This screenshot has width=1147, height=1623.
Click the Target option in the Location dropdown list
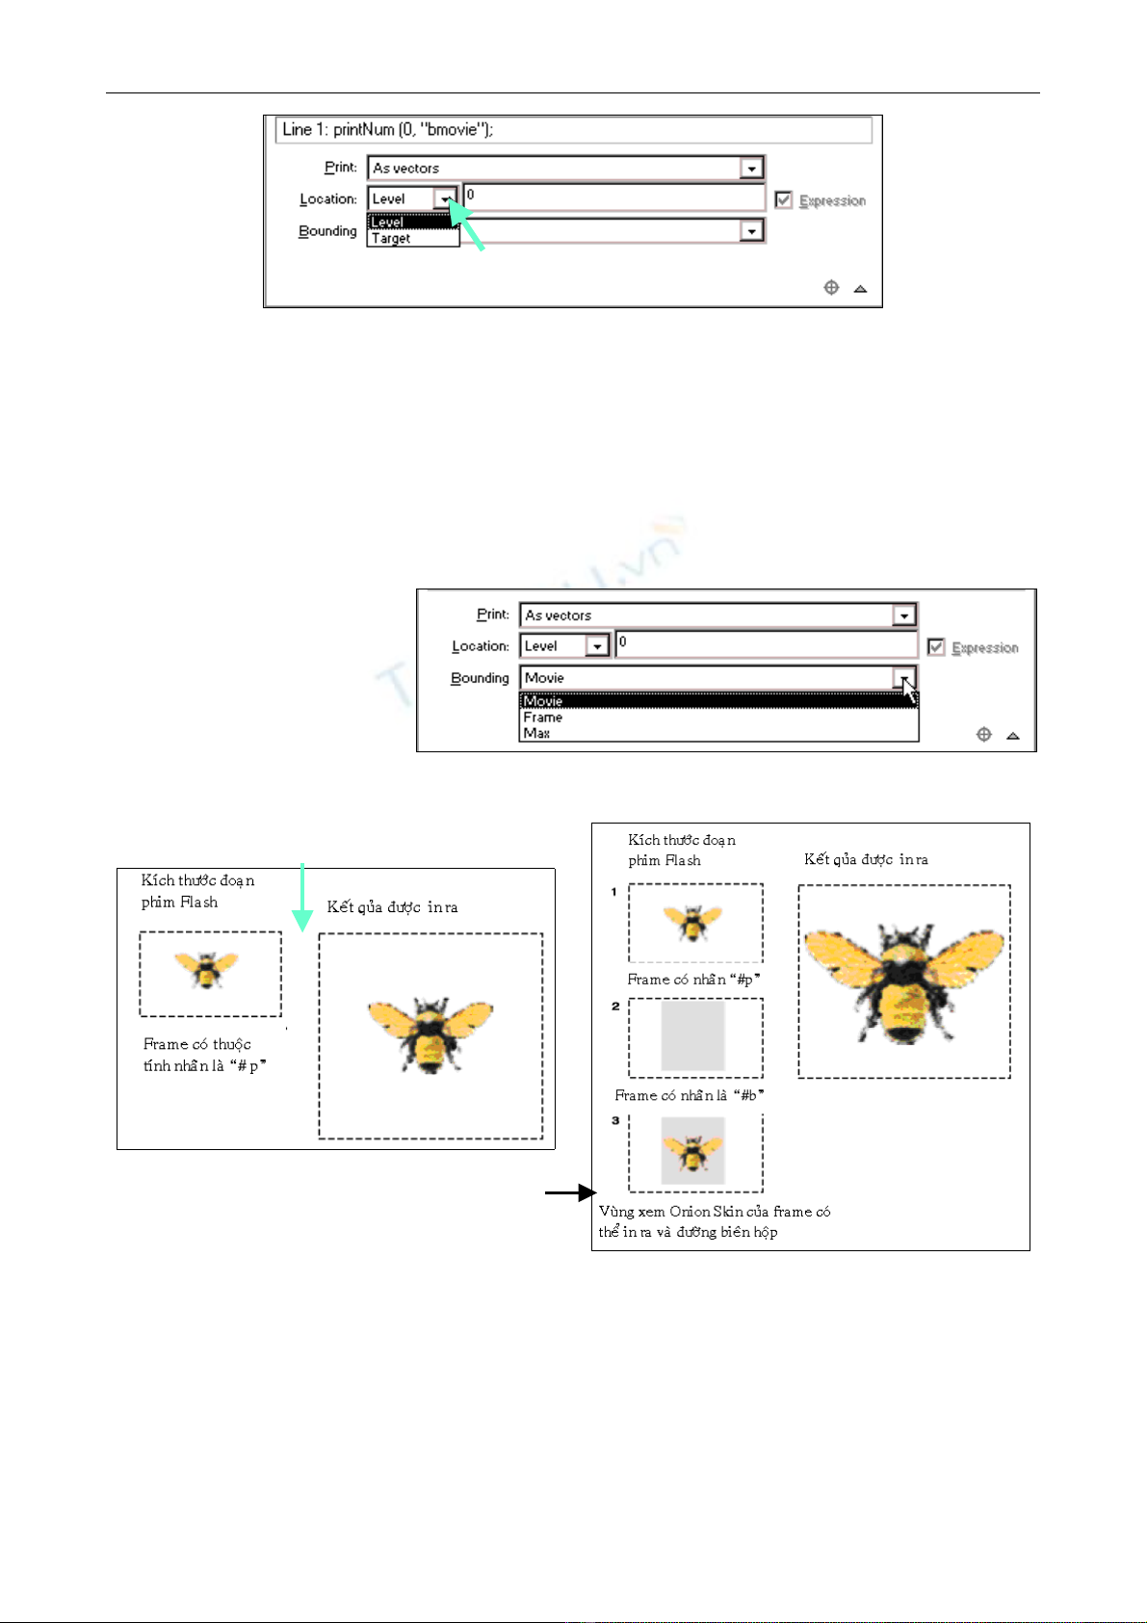pyautogui.click(x=392, y=239)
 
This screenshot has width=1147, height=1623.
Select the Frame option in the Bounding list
pyautogui.click(x=543, y=718)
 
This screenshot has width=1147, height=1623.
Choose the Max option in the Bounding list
pyautogui.click(x=536, y=733)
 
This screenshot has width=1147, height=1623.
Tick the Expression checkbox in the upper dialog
pyautogui.click(x=784, y=200)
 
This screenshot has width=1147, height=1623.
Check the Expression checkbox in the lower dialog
pyautogui.click(x=936, y=647)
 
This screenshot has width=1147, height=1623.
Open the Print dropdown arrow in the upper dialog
pyautogui.click(x=751, y=169)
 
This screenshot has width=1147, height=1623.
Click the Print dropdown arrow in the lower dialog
pyautogui.click(x=903, y=615)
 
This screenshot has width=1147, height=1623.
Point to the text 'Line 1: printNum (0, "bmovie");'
pyautogui.click(x=388, y=129)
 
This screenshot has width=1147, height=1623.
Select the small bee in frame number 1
pyautogui.click(x=693, y=922)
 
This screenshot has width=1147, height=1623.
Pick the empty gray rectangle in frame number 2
pyautogui.click(x=692, y=1035)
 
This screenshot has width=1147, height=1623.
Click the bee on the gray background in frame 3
pyautogui.click(x=692, y=1150)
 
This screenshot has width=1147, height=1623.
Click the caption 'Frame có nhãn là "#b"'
pyautogui.click(x=690, y=1095)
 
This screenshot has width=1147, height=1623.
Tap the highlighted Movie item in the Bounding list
pyautogui.click(x=544, y=701)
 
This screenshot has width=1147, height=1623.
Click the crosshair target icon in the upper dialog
pyautogui.click(x=831, y=288)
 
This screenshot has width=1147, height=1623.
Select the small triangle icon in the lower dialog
pyautogui.click(x=1012, y=736)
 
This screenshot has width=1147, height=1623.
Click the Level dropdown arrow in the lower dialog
pyautogui.click(x=598, y=646)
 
